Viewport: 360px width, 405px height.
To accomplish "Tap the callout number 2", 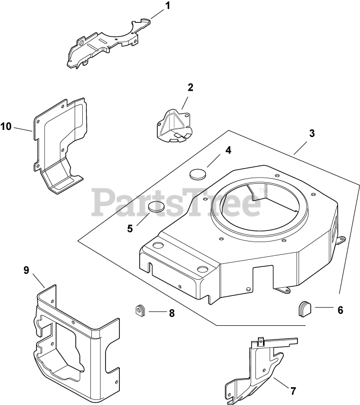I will click(x=190, y=87).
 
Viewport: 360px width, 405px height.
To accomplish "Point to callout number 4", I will click(x=228, y=150).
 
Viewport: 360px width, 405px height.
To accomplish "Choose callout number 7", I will click(x=293, y=391).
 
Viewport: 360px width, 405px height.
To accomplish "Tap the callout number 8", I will click(x=172, y=313).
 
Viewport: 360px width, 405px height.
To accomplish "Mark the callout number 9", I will click(x=26, y=271).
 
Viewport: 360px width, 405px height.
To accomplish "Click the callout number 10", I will click(x=6, y=126).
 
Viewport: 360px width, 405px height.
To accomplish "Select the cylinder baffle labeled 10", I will click(x=58, y=142).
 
